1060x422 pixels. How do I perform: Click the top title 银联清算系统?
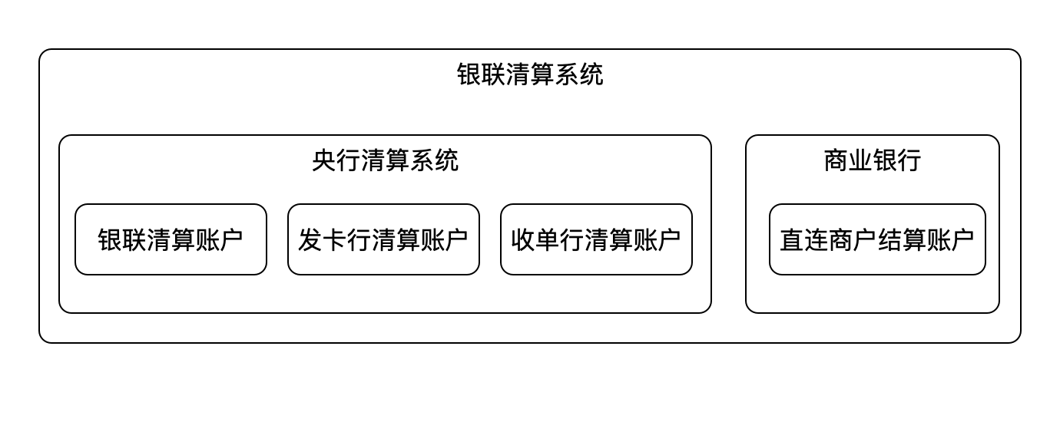point(530,74)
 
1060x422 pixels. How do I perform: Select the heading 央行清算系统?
point(385,160)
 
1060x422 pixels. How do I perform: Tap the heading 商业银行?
point(872,160)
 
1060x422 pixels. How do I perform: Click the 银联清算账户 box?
point(171,239)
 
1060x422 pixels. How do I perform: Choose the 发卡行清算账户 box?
point(383,239)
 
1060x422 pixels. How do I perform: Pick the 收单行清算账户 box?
point(596,239)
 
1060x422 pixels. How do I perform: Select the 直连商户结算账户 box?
point(877,239)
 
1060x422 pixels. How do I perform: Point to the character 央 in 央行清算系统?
point(324,160)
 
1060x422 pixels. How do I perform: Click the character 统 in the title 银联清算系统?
point(591,74)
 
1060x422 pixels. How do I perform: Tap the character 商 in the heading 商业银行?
point(836,160)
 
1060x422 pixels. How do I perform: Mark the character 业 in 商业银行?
point(860,160)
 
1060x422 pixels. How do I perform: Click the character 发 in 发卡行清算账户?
point(310,239)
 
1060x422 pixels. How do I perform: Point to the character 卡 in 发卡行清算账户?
point(335,239)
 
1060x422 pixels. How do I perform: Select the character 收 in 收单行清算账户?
point(523,239)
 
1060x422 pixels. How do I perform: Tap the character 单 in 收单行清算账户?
point(548,239)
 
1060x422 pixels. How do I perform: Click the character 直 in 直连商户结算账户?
point(792,239)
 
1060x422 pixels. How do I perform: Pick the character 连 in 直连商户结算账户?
point(817,239)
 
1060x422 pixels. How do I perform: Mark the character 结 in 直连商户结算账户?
point(889,239)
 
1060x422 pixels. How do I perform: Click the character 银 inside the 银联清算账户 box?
point(110,239)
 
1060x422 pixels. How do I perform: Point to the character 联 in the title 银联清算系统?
point(494,74)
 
